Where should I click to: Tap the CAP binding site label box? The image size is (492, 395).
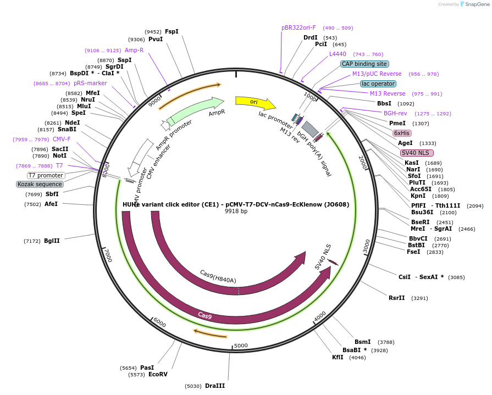pyautogui.click(x=364, y=64)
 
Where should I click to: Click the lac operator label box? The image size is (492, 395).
pyautogui.click(x=378, y=84)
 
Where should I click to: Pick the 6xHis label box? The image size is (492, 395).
pyautogui.click(x=402, y=133)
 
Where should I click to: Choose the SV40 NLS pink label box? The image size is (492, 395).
pyautogui.click(x=417, y=153)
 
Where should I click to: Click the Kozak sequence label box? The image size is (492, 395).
pyautogui.click(x=40, y=184)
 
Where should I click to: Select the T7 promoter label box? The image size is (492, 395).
pyautogui.click(x=46, y=175)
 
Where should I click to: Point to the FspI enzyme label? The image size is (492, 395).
pyautogui.click(x=172, y=32)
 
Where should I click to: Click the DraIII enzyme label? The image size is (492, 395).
pyautogui.click(x=214, y=386)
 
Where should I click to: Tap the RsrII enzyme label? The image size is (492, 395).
pyautogui.click(x=396, y=298)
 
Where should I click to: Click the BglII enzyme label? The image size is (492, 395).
pyautogui.click(x=53, y=241)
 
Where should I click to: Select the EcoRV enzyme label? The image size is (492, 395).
pyautogui.click(x=158, y=374)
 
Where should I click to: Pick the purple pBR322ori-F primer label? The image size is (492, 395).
pyautogui.click(x=298, y=27)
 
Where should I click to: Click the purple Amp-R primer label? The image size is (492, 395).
pyautogui.click(x=134, y=50)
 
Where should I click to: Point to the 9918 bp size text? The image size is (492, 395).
pyautogui.click(x=236, y=212)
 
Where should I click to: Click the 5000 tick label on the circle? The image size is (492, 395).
pyautogui.click(x=241, y=346)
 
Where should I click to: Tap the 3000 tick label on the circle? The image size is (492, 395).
pyautogui.click(x=367, y=246)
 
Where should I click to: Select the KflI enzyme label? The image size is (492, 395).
pyautogui.click(x=338, y=357)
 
